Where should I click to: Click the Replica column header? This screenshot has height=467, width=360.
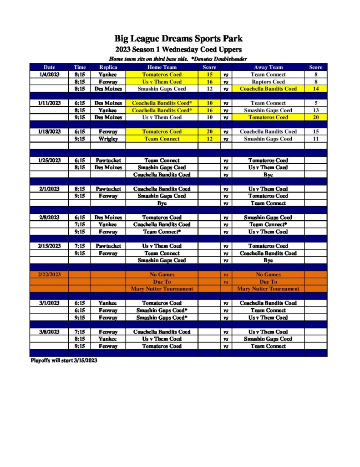[108, 67]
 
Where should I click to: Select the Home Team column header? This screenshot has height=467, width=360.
[162, 67]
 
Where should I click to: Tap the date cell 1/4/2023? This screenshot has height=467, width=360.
[49, 74]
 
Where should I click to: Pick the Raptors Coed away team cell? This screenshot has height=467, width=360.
[268, 82]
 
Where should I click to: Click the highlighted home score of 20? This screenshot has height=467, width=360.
[209, 132]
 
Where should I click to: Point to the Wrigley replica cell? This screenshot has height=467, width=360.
[108, 139]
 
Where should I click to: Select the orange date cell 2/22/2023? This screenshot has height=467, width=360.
[49, 275]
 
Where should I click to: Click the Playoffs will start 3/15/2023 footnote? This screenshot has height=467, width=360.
[64, 360]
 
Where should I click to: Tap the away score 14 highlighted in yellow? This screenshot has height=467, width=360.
[315, 89]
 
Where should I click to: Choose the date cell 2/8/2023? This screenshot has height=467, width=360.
[49, 218]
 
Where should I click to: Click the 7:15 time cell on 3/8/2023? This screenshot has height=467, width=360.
[80, 332]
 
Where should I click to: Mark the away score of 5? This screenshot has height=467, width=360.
[315, 103]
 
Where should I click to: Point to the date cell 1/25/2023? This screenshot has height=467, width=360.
[49, 161]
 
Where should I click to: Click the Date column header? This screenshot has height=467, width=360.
[49, 67]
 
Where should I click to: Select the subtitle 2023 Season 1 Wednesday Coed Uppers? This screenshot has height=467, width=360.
[178, 49]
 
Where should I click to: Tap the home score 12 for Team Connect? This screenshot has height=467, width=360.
[209, 139]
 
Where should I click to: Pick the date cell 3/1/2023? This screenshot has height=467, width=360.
[49, 303]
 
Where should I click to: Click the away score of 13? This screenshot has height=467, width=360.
[315, 110]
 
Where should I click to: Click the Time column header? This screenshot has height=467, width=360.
[80, 67]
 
